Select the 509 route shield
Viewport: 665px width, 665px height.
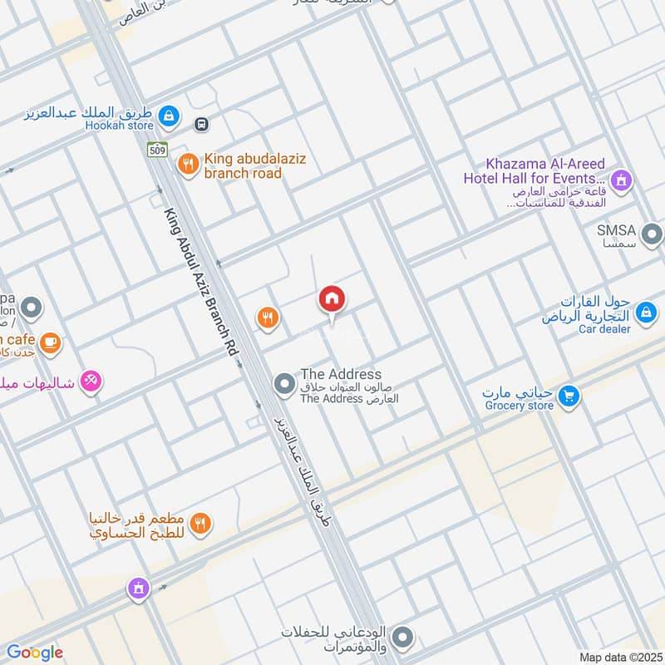pos(158,150)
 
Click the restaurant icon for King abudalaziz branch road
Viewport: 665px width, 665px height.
pos(189,164)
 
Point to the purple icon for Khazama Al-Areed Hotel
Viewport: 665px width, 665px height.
pos(620,179)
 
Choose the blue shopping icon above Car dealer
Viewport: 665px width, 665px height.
pos(645,313)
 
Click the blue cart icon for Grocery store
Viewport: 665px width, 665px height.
pos(569,396)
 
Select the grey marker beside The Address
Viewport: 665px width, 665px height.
pos(285,384)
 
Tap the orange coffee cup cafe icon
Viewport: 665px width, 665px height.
pos(50,341)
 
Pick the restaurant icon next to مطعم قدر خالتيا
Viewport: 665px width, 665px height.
pos(199,524)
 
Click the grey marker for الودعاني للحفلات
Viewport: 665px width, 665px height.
pos(402,638)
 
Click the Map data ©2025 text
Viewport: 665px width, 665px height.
pos(619,657)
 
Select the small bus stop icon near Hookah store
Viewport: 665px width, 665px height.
pos(200,124)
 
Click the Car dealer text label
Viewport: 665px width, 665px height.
pos(604,328)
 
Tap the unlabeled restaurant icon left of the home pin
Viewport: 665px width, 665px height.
pos(267,317)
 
